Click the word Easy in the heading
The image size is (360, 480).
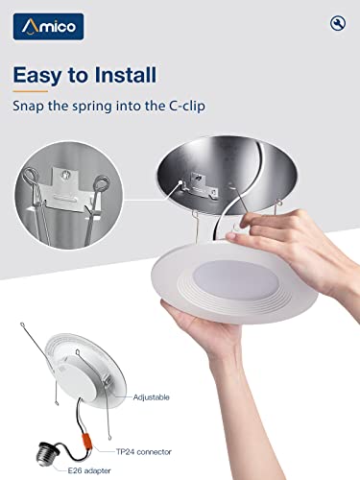click(x=62, y=74)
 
